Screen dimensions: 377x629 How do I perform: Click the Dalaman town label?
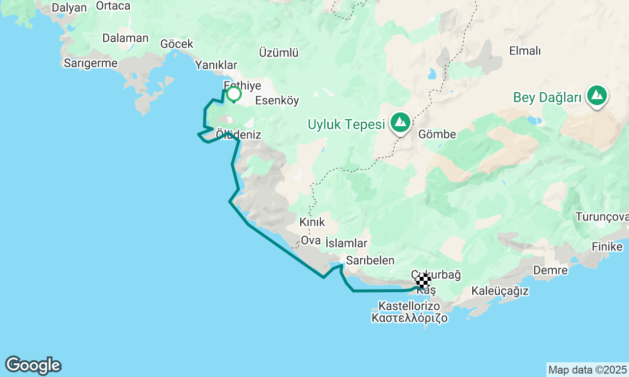click(125, 38)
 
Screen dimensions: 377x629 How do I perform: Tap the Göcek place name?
click(177, 44)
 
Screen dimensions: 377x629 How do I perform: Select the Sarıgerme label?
click(90, 63)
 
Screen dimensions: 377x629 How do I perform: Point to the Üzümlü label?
click(279, 53)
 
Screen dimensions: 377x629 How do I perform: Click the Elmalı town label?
click(525, 51)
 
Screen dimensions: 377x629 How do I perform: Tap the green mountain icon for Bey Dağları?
click(597, 96)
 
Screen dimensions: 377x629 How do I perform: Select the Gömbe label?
click(437, 134)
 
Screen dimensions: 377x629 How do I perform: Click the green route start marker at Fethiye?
click(234, 93)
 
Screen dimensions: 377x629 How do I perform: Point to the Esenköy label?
click(277, 101)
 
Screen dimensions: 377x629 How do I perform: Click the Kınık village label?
click(312, 222)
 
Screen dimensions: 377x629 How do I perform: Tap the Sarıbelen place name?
click(370, 260)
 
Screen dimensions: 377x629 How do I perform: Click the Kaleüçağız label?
click(500, 291)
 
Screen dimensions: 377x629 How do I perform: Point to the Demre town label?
click(550, 270)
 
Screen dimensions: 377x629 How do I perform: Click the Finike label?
click(607, 246)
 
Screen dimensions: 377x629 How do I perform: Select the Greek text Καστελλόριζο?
click(410, 318)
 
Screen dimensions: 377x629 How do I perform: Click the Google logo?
click(33, 366)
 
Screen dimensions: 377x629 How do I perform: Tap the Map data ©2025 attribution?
click(587, 370)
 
